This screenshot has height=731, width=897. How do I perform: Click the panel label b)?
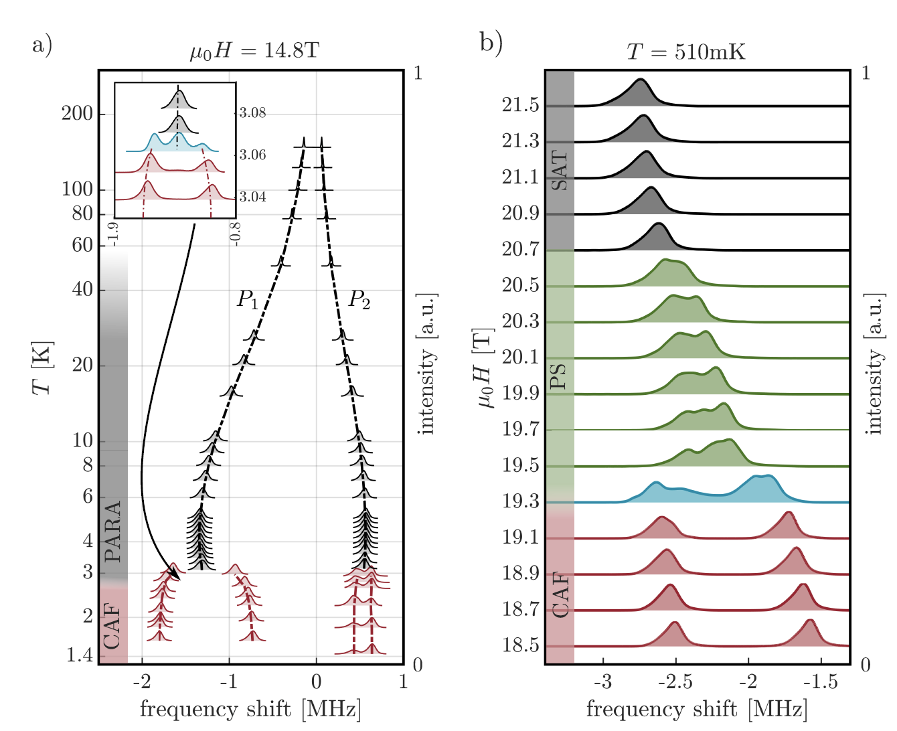click(x=491, y=43)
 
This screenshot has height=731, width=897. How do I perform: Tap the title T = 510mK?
click(x=685, y=52)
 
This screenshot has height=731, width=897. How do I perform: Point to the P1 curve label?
click(x=248, y=299)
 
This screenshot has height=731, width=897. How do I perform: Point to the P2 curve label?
click(x=359, y=299)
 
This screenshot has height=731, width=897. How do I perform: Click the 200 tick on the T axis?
click(x=77, y=114)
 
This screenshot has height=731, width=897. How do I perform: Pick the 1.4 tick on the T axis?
click(x=80, y=655)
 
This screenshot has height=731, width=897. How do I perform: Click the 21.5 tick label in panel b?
click(x=520, y=105)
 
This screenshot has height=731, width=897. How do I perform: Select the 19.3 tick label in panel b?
click(x=520, y=501)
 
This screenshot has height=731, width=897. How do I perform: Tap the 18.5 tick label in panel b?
click(x=520, y=645)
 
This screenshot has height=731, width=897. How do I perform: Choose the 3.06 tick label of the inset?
click(x=253, y=155)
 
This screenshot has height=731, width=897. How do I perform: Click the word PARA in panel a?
click(x=113, y=531)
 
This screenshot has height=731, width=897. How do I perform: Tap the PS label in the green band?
click(x=558, y=376)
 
